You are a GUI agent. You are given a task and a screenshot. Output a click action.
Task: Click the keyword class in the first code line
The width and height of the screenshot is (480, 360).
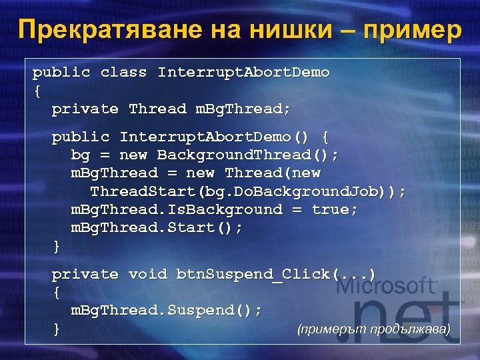(x=123, y=72)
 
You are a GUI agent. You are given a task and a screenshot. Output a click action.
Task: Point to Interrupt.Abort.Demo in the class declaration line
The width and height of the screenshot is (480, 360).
(x=243, y=72)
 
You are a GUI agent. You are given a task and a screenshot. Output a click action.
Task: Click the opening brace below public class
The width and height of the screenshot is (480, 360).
(x=36, y=90)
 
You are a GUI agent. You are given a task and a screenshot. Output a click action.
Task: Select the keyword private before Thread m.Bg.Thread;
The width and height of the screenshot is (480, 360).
(x=85, y=109)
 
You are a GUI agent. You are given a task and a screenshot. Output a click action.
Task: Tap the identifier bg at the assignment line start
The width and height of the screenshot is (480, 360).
(x=80, y=155)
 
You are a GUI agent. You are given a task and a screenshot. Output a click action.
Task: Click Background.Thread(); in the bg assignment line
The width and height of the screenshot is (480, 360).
(x=247, y=155)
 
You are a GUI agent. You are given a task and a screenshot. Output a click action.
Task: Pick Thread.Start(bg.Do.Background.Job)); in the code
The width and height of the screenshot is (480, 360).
(x=247, y=192)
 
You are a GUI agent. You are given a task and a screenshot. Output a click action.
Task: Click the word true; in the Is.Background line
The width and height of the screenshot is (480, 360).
(x=335, y=210)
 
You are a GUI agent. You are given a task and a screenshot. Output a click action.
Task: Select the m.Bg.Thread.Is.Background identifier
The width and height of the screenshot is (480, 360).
(x=177, y=210)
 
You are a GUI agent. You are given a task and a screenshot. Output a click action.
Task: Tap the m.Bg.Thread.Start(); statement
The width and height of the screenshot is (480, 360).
(x=157, y=228)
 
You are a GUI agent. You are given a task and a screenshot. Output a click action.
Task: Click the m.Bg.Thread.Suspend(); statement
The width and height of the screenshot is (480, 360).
(x=167, y=311)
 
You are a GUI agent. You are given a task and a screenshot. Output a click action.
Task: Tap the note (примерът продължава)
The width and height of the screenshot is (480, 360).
(x=373, y=329)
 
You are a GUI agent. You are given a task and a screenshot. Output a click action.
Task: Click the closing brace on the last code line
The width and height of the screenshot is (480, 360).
(x=56, y=329)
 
